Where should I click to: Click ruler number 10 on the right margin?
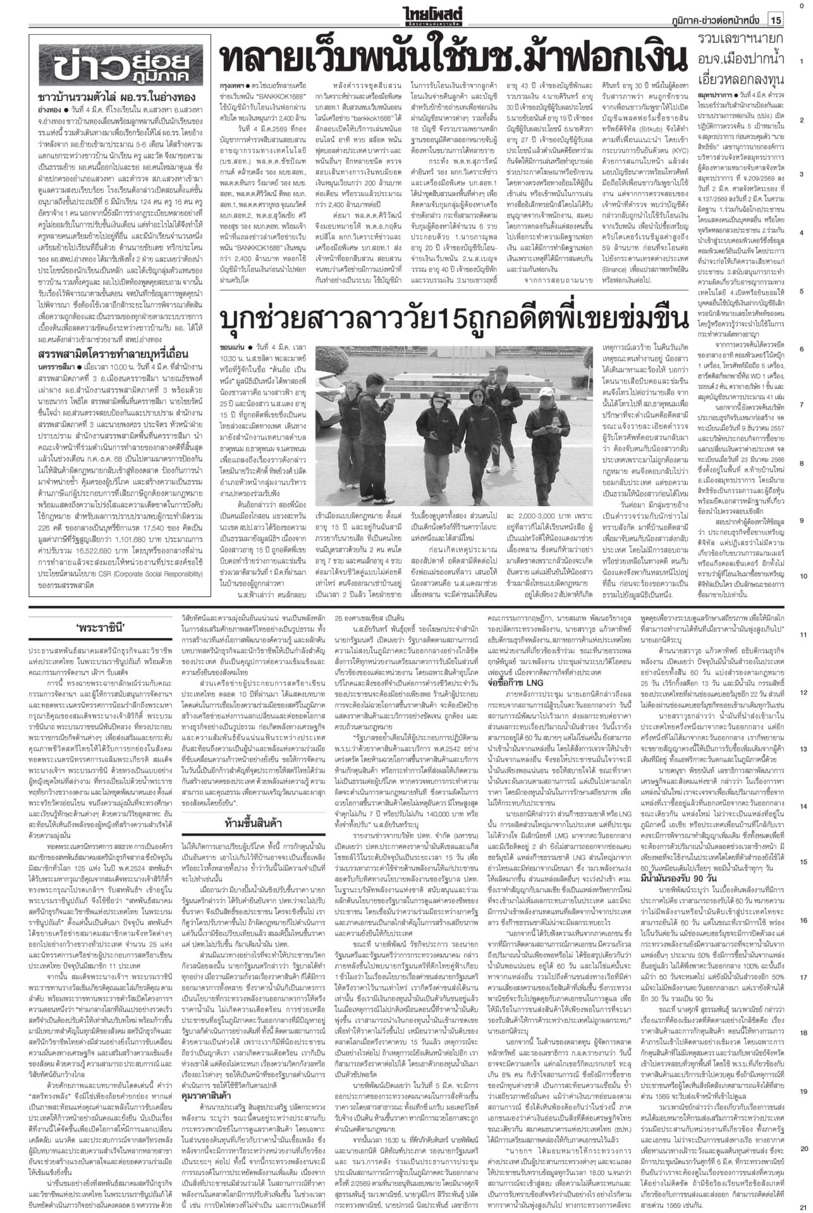[x=801, y=576]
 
